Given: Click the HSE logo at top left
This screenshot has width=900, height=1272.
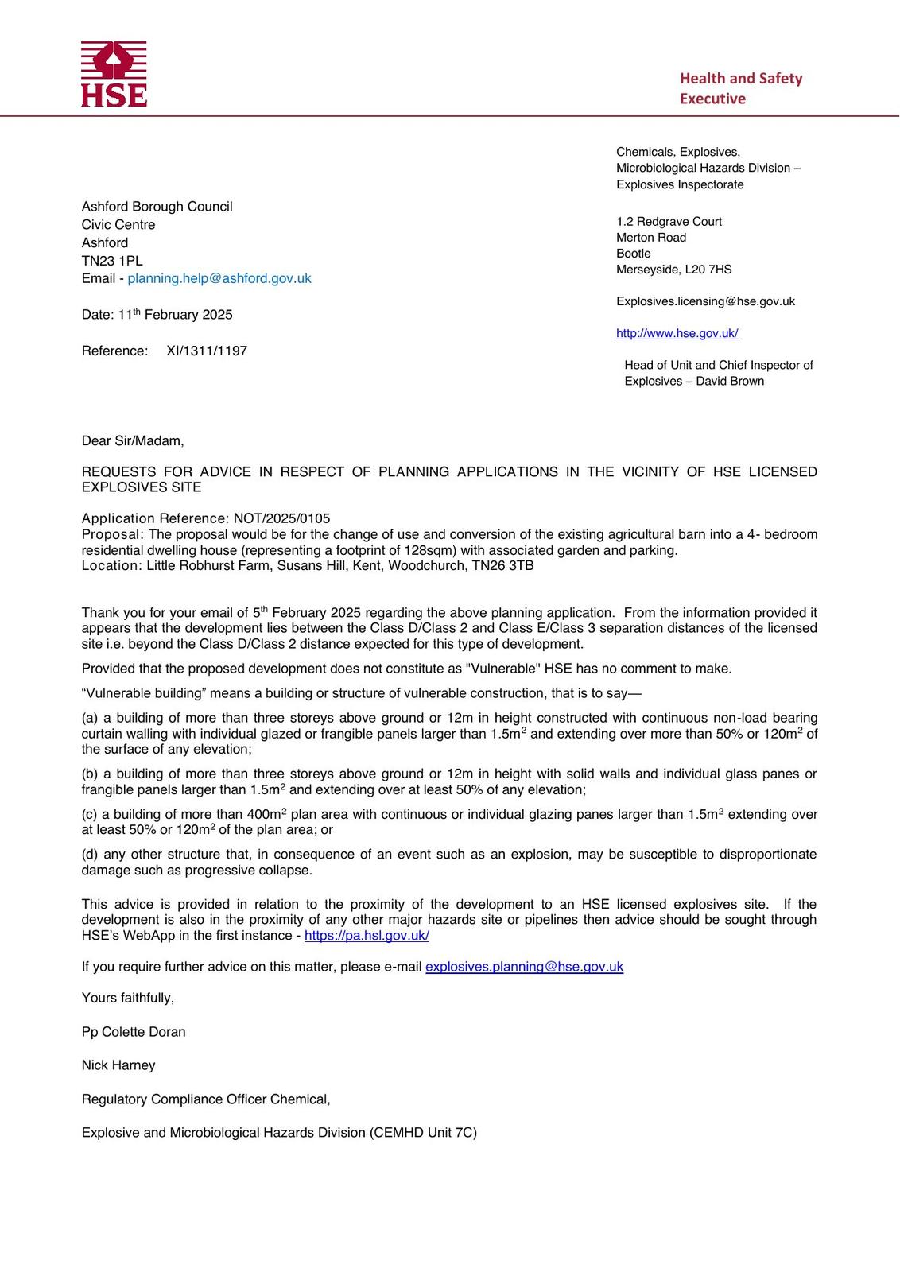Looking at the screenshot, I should coord(114,74).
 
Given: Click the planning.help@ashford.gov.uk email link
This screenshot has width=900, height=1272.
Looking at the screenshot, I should coord(219,278).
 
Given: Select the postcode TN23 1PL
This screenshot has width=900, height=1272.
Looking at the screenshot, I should coord(112,261).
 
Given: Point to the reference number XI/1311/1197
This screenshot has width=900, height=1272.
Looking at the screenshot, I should coord(207,351).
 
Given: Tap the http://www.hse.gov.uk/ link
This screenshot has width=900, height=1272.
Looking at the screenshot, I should coord(677,333).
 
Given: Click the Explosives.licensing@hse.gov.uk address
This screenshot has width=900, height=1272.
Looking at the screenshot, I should coord(705,301).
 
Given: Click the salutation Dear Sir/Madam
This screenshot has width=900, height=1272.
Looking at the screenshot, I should coord(132,440).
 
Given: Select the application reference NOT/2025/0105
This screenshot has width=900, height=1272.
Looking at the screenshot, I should coord(281,518).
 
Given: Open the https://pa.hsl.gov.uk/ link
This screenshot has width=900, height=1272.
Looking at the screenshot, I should coord(367,935).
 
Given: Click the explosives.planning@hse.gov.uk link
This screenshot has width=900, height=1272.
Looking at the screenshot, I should coord(524,967).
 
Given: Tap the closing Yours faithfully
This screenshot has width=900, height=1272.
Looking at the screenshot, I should coord(127,998).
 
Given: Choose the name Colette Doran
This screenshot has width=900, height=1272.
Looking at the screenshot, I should coord(143,1032).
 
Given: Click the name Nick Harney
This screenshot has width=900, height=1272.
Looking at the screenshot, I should coord(118,1065).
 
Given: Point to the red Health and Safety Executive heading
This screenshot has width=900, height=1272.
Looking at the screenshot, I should coord(740,88).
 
